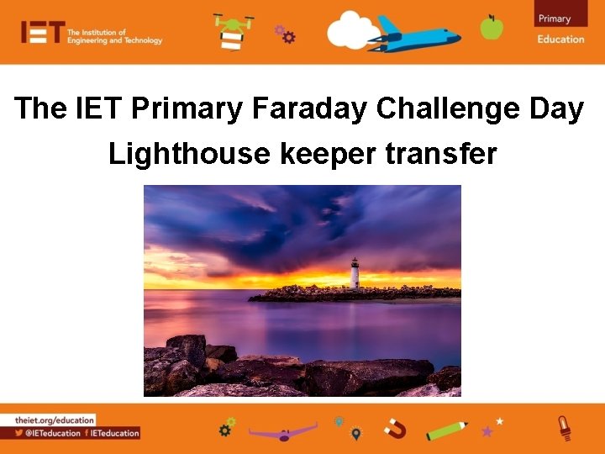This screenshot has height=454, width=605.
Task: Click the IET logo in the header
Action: pos(42,32)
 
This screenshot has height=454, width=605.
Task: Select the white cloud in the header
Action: pos(353,31)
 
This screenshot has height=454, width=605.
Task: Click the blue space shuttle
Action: pos(416,34)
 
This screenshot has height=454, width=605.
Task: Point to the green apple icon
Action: pos(492,27)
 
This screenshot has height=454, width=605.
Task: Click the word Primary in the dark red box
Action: pos(555,18)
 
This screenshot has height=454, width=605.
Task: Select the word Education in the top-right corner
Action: pos(560,39)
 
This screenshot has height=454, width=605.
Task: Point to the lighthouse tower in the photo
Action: pos(355,274)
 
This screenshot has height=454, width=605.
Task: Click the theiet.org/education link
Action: pos(55,420)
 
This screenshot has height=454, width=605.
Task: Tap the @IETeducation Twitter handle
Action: pos(52,433)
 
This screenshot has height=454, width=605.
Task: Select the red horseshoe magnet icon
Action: pos(394,429)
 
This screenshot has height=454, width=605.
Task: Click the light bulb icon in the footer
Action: pos(565,427)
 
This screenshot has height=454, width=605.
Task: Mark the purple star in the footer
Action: pos(487,431)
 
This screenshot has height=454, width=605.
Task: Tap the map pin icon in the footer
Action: pos(356,433)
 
